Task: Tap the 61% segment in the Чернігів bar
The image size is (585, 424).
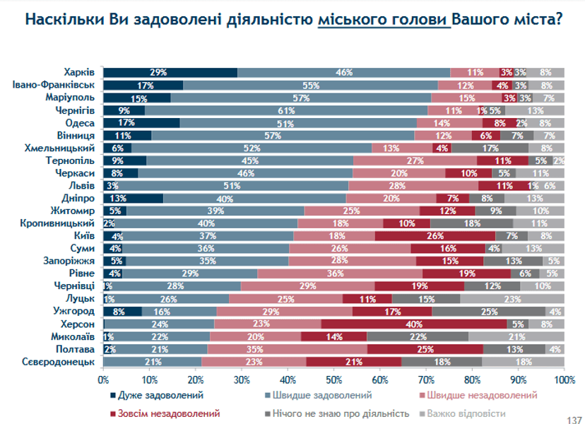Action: (286, 110)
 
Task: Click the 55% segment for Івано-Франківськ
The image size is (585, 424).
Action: (310, 85)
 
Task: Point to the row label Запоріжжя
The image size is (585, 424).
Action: (68, 261)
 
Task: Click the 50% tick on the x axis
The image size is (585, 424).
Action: (334, 380)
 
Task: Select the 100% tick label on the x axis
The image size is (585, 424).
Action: (564, 380)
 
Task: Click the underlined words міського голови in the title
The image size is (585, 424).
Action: (383, 19)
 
